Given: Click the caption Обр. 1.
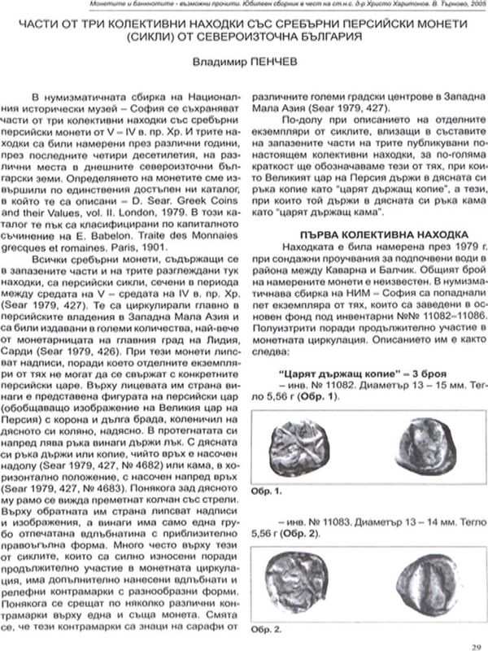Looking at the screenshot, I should point(268,492).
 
